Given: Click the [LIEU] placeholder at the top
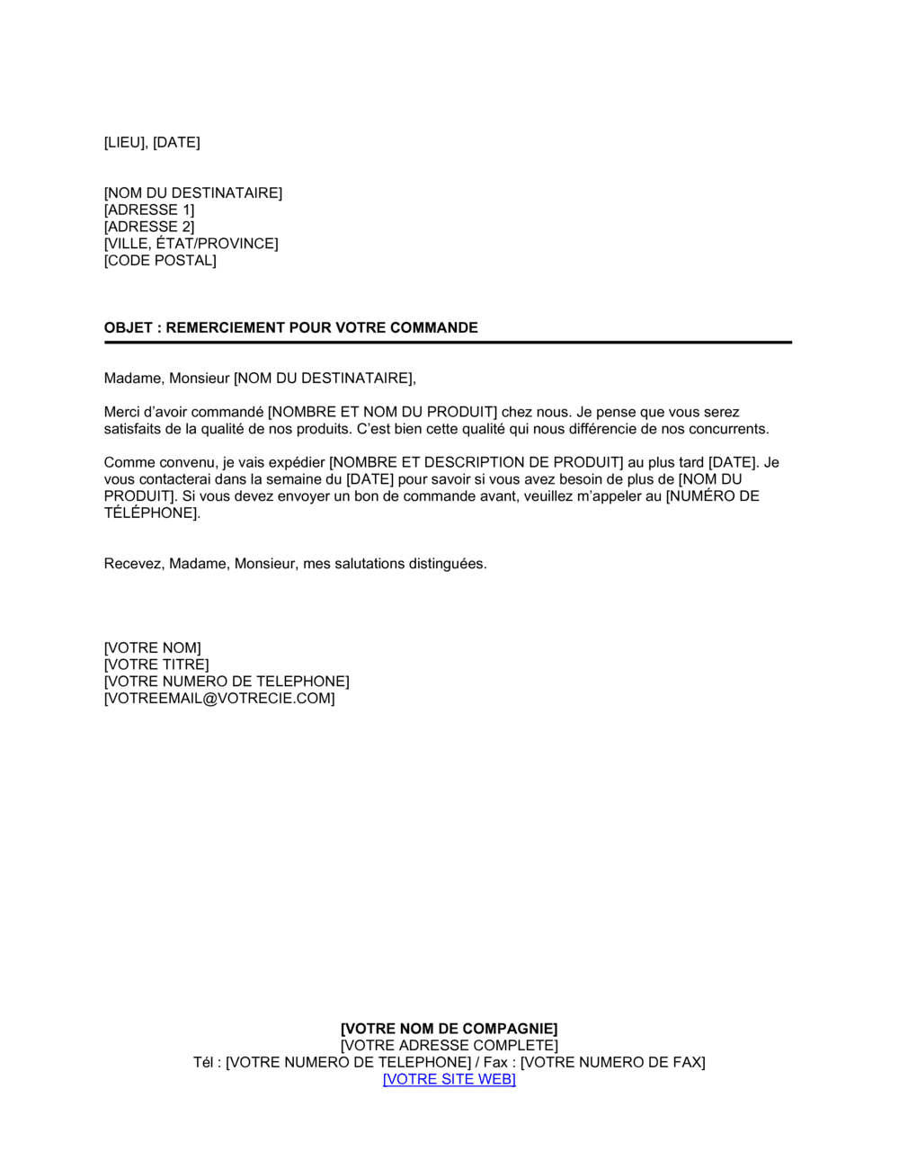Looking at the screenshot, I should click(126, 142).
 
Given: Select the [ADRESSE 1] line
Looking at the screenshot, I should click(149, 210).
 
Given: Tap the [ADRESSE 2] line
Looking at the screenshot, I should click(149, 227).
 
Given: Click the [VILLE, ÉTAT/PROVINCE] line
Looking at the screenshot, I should click(191, 244).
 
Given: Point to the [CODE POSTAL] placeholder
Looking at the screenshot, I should click(160, 261).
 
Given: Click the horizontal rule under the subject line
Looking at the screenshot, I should click(448, 343).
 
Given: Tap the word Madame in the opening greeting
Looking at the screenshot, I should click(133, 378).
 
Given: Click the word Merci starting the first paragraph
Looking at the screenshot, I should click(122, 412).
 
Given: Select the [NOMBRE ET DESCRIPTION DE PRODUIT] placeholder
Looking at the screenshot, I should click(476, 462).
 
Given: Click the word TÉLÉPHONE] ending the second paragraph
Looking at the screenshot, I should click(151, 513).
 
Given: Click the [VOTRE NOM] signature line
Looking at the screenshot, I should click(153, 647).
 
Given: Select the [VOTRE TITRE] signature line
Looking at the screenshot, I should click(156, 665).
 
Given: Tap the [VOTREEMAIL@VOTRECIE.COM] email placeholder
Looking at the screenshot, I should click(219, 698).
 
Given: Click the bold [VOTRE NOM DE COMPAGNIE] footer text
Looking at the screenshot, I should click(449, 1029).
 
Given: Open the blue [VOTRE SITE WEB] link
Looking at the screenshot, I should click(449, 1079).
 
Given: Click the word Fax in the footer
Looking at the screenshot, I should click(495, 1062).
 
